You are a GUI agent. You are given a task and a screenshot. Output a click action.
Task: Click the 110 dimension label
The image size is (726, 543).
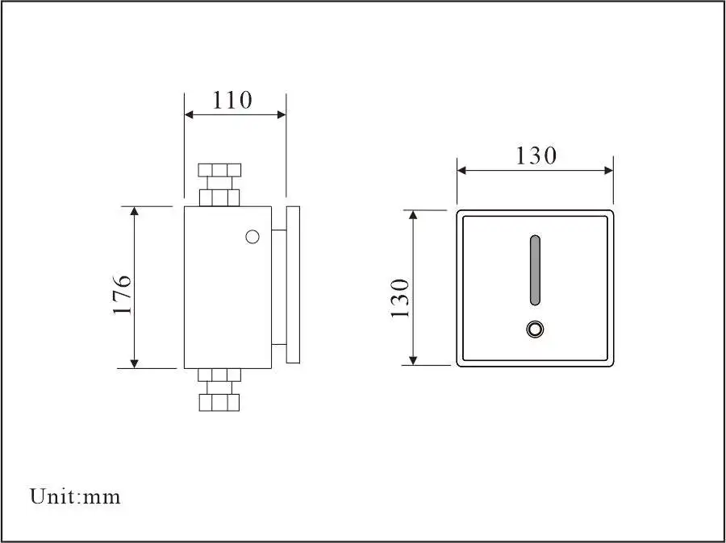[232, 100]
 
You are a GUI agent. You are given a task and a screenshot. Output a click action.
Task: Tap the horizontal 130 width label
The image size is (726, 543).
[536, 155]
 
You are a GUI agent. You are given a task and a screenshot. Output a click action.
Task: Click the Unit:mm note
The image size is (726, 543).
[75, 496]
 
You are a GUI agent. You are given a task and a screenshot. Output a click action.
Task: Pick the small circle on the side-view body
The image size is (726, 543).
[252, 236]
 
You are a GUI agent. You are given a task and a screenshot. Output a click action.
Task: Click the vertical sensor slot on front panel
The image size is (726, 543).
[534, 271]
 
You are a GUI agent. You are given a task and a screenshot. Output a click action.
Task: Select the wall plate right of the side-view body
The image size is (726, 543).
[293, 284]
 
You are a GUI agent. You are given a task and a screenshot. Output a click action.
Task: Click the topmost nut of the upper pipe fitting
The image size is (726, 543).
[219, 170]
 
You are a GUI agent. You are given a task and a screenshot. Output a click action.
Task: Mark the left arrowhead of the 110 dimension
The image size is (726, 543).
[190, 114]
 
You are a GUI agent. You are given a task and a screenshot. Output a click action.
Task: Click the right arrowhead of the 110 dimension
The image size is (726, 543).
[281, 114]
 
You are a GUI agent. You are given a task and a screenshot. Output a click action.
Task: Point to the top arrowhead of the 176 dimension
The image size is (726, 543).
[135, 212]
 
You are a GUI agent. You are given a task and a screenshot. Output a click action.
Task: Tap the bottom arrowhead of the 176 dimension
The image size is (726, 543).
[135, 363]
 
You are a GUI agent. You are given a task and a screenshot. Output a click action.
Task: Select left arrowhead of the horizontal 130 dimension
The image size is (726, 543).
[463, 169]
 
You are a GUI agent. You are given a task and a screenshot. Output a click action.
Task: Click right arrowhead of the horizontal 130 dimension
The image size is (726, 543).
[608, 169]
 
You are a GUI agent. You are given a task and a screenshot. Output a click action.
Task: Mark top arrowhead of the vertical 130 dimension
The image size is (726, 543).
[414, 216]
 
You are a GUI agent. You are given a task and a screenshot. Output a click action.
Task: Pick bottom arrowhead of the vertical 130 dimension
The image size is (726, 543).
[414, 359]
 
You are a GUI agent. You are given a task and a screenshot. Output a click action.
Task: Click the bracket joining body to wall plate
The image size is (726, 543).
[277, 287]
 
